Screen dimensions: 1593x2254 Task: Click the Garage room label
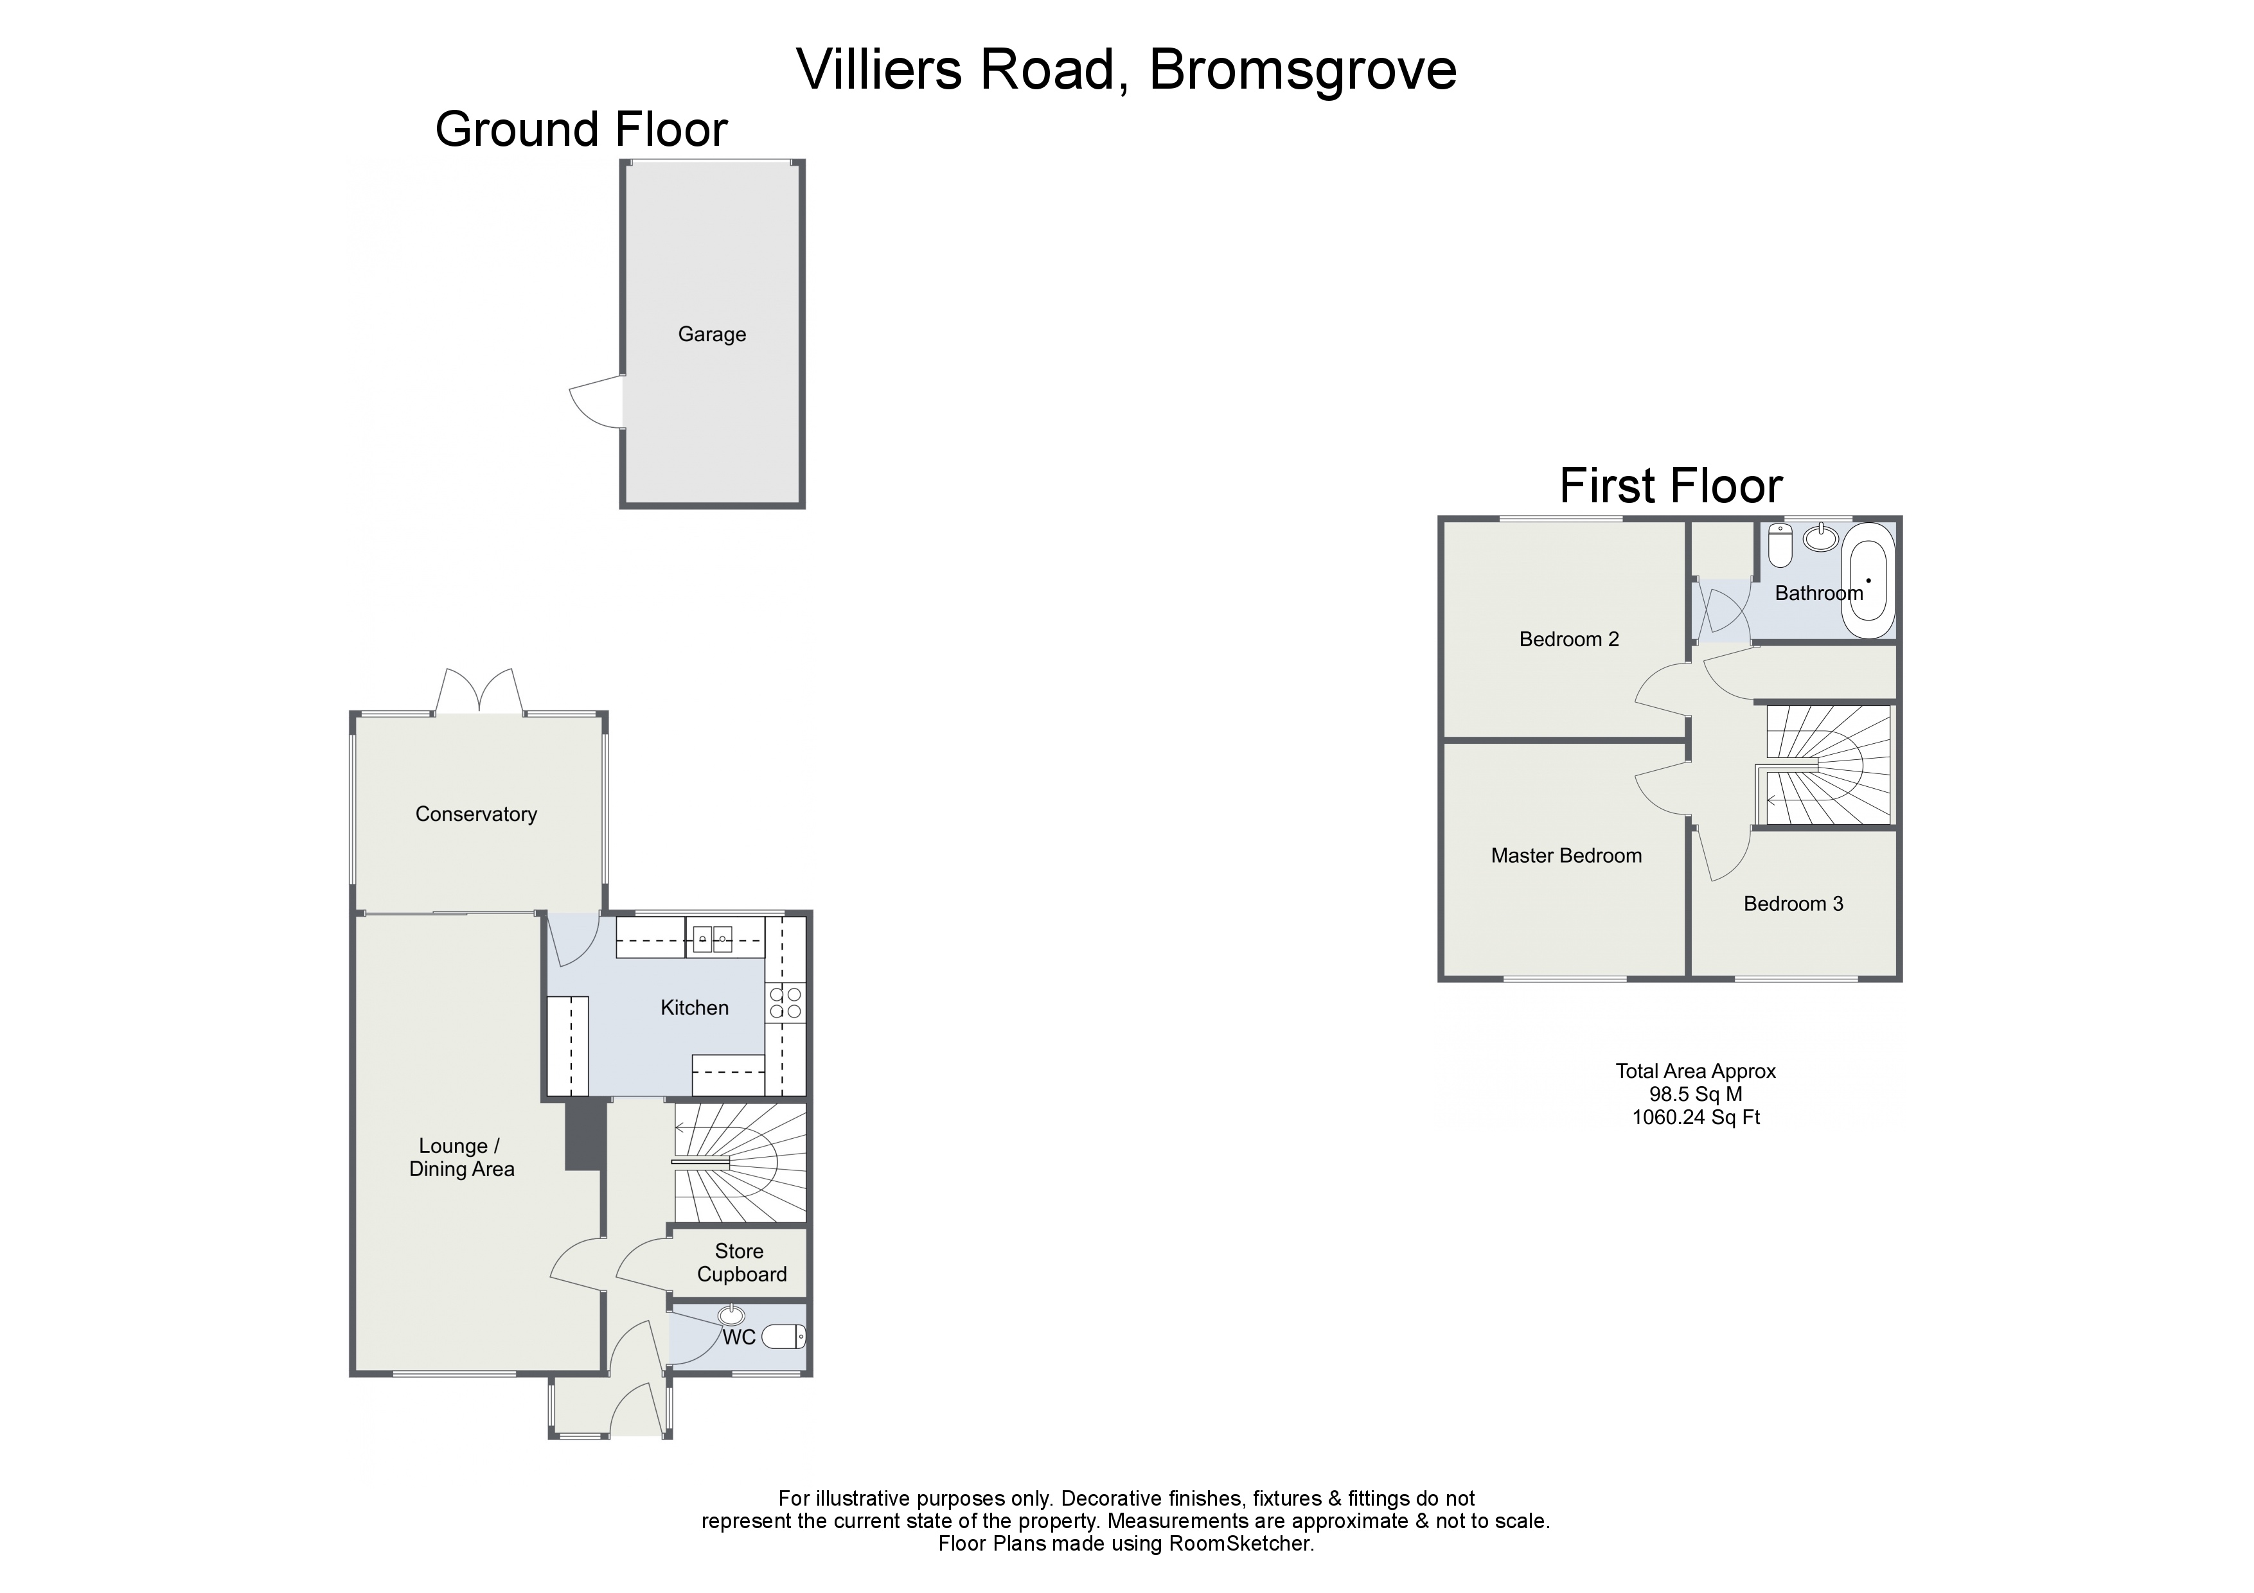pos(712,335)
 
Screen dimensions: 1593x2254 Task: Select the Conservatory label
pos(476,814)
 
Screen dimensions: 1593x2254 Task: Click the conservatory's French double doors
pos(479,691)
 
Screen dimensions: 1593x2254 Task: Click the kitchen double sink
pos(713,939)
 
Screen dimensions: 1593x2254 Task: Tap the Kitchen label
pos(694,1008)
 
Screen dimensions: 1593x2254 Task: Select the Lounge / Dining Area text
pos(461,1158)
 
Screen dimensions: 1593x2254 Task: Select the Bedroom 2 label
pos(1569,640)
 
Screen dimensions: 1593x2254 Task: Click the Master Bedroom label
pos(1566,856)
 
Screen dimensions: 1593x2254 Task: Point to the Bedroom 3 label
pos(1793,904)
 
